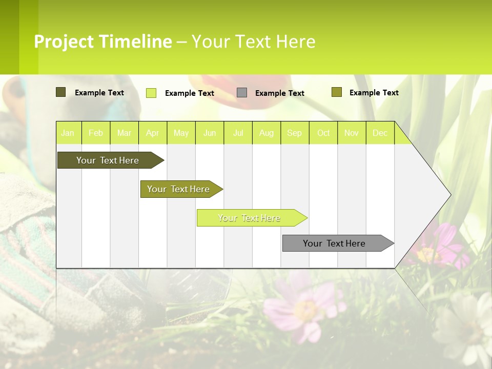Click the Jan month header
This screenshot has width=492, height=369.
[68, 133]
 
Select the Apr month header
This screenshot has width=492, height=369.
[153, 133]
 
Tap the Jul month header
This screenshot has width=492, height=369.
[238, 133]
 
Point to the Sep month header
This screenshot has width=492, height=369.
[294, 133]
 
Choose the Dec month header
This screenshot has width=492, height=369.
[380, 133]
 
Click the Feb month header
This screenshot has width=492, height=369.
[96, 133]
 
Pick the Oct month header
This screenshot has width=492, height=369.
[323, 133]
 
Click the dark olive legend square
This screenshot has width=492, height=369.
[61, 92]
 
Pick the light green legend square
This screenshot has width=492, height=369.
[151, 93]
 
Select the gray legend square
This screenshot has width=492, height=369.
[242, 93]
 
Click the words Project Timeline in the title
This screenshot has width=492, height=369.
[102, 42]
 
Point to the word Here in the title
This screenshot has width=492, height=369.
[296, 42]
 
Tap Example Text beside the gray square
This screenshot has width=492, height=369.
[279, 93]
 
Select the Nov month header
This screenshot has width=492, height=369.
[352, 133]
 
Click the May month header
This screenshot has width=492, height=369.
[181, 133]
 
